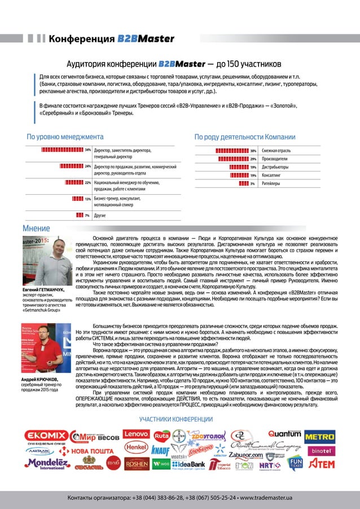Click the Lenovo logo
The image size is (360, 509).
tap(136, 435)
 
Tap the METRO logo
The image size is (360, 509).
tap(319, 436)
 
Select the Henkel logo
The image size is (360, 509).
tap(136, 447)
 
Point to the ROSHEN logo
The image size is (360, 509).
tap(137, 463)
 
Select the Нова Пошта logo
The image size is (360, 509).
tap(85, 451)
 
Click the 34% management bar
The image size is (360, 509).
tap(62, 151)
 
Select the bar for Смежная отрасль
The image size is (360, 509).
tap(231, 151)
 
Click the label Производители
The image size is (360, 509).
tap(275, 159)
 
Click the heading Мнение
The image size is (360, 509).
tap(36, 228)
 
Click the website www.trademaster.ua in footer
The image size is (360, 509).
tap(266, 498)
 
